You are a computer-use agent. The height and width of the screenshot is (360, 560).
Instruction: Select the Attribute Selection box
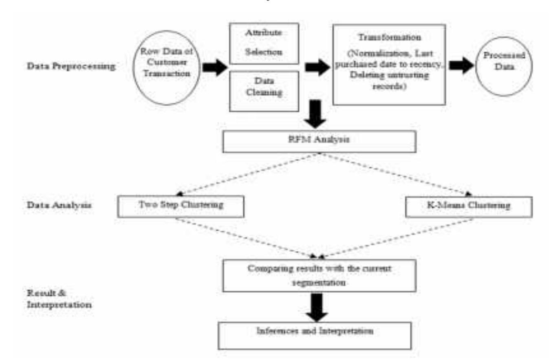click(x=264, y=43)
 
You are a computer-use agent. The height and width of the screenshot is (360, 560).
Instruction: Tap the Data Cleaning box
click(x=264, y=90)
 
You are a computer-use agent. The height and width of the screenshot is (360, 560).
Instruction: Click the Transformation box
click(x=389, y=64)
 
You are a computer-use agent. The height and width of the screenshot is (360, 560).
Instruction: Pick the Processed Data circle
click(x=504, y=66)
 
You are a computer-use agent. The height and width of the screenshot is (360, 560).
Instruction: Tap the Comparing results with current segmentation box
click(x=319, y=276)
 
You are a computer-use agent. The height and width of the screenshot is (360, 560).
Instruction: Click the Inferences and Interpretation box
click(x=315, y=335)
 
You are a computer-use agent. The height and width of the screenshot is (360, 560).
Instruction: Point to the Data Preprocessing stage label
click(x=71, y=66)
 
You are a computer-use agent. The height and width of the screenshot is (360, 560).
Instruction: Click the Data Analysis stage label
click(x=59, y=205)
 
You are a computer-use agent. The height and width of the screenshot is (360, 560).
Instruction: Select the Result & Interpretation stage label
click(x=59, y=299)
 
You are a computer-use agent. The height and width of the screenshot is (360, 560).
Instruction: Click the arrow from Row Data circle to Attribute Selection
click(x=215, y=68)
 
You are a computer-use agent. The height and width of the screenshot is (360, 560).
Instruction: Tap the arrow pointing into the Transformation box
click(x=317, y=67)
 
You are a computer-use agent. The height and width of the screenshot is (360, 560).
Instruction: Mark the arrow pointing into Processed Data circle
click(x=461, y=65)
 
